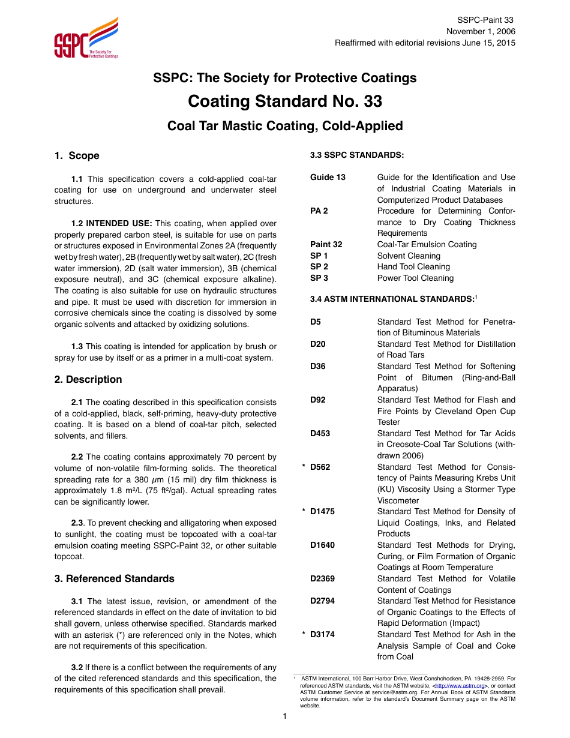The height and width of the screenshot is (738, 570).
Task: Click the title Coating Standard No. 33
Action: pos(285,101)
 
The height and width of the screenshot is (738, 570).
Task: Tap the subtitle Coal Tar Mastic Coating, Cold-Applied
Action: pos(285,126)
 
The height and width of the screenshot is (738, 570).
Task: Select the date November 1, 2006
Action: pos(480,32)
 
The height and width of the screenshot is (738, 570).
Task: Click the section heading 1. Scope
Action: pos(77,155)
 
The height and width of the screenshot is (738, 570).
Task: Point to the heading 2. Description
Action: pos(88,379)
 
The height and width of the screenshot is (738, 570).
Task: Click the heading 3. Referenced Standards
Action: pos(114,578)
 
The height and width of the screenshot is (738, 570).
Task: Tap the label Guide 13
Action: pos(328,178)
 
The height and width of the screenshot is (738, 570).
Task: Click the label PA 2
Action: pos(319,211)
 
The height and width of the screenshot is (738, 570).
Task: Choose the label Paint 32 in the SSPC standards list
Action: pos(326,244)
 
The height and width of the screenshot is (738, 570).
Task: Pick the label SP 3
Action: pos(319,278)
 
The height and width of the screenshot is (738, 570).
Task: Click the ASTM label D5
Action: pos(316,322)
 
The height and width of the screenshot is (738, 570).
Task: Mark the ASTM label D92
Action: pos(318,400)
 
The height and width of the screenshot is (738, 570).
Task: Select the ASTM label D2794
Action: pos(323,601)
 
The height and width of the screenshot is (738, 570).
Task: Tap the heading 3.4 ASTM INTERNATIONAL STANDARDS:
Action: pos(392,299)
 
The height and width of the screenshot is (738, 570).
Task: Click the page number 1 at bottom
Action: pos(285,716)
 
